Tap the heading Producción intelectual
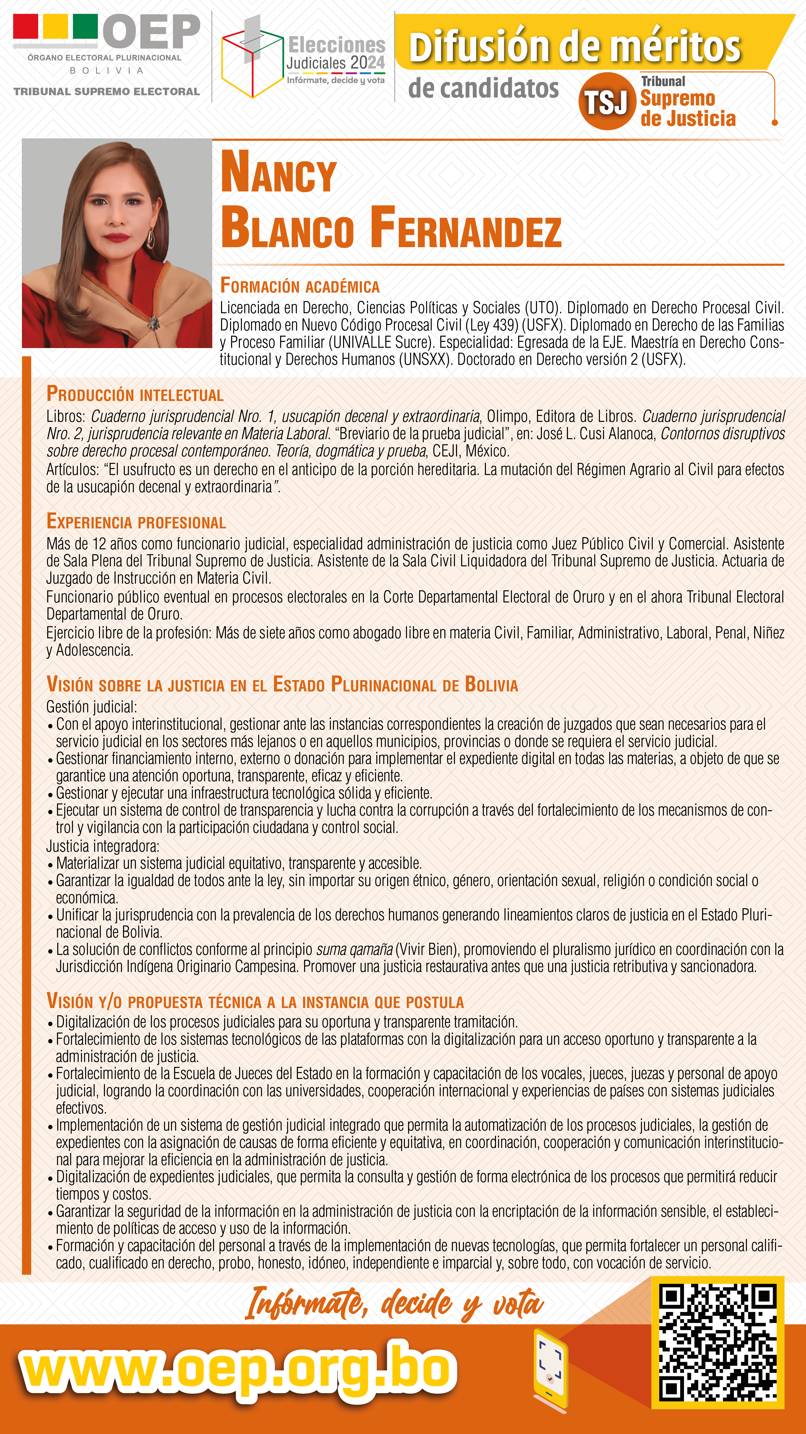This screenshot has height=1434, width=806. tap(135, 394)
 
